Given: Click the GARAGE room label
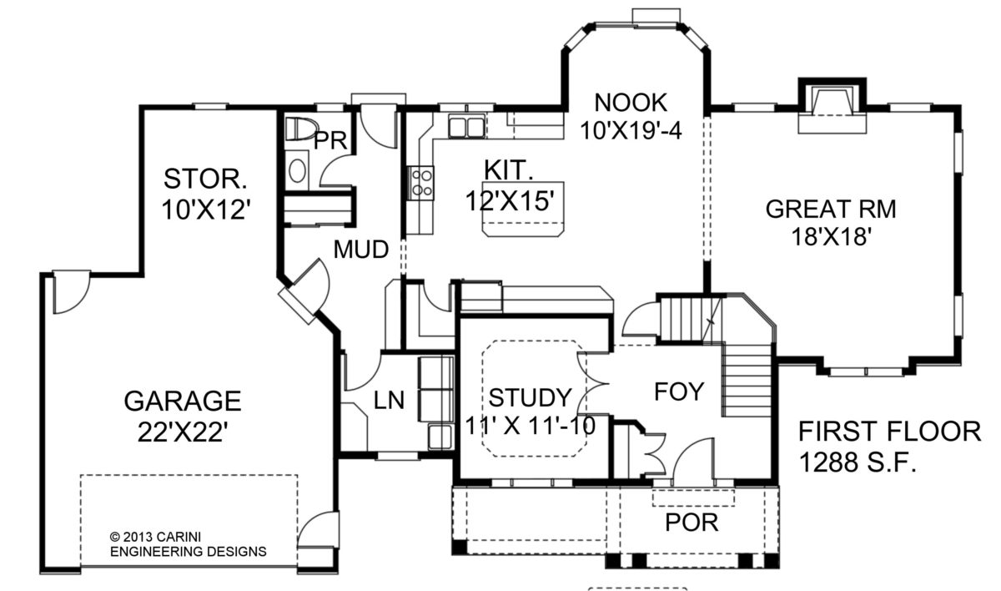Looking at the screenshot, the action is pyautogui.click(x=183, y=401).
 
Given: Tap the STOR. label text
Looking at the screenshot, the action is pyautogui.click(x=205, y=179).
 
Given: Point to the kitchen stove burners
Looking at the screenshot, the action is pyautogui.click(x=422, y=182).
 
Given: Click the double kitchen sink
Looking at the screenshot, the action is pyautogui.click(x=466, y=127).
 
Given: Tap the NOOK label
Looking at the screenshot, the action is pyautogui.click(x=631, y=103).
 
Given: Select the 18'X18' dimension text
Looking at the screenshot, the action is pyautogui.click(x=832, y=237).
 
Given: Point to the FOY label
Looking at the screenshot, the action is pyautogui.click(x=679, y=391).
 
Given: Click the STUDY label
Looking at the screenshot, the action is pyautogui.click(x=530, y=397).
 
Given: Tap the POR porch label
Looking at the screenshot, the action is pyautogui.click(x=692, y=523).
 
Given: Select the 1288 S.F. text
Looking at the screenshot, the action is pyautogui.click(x=858, y=462).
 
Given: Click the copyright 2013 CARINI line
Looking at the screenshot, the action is pyautogui.click(x=155, y=537).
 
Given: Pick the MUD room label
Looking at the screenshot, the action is pyautogui.click(x=361, y=250).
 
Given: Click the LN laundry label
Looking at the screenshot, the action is pyautogui.click(x=389, y=400).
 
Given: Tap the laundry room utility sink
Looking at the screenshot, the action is pyautogui.click(x=440, y=437).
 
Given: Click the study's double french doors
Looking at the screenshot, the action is pyautogui.click(x=591, y=384).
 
